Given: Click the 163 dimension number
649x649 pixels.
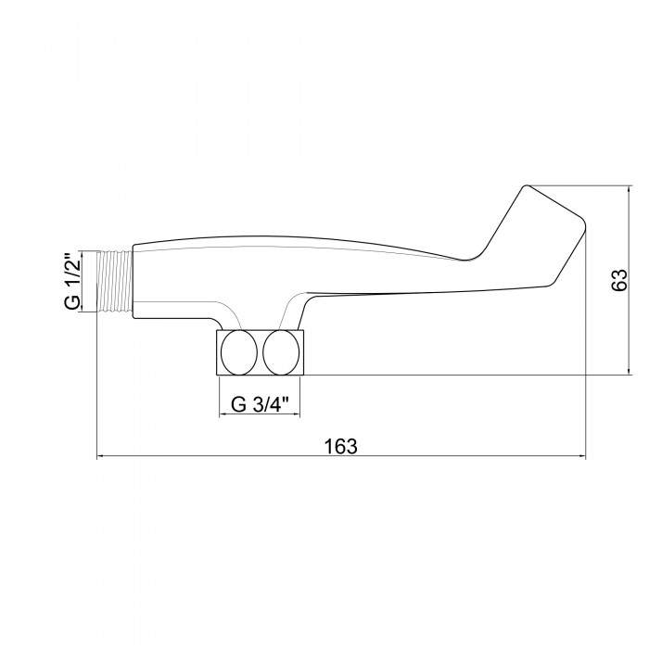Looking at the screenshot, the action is point(340,447).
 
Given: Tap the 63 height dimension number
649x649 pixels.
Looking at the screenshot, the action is point(619,280).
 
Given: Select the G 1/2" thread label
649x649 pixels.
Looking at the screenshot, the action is point(72,281).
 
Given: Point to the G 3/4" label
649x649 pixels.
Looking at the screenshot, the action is point(259,404).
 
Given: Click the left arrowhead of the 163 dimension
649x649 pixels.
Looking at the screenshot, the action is point(100,456).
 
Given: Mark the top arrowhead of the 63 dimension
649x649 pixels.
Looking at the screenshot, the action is point(630,190).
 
